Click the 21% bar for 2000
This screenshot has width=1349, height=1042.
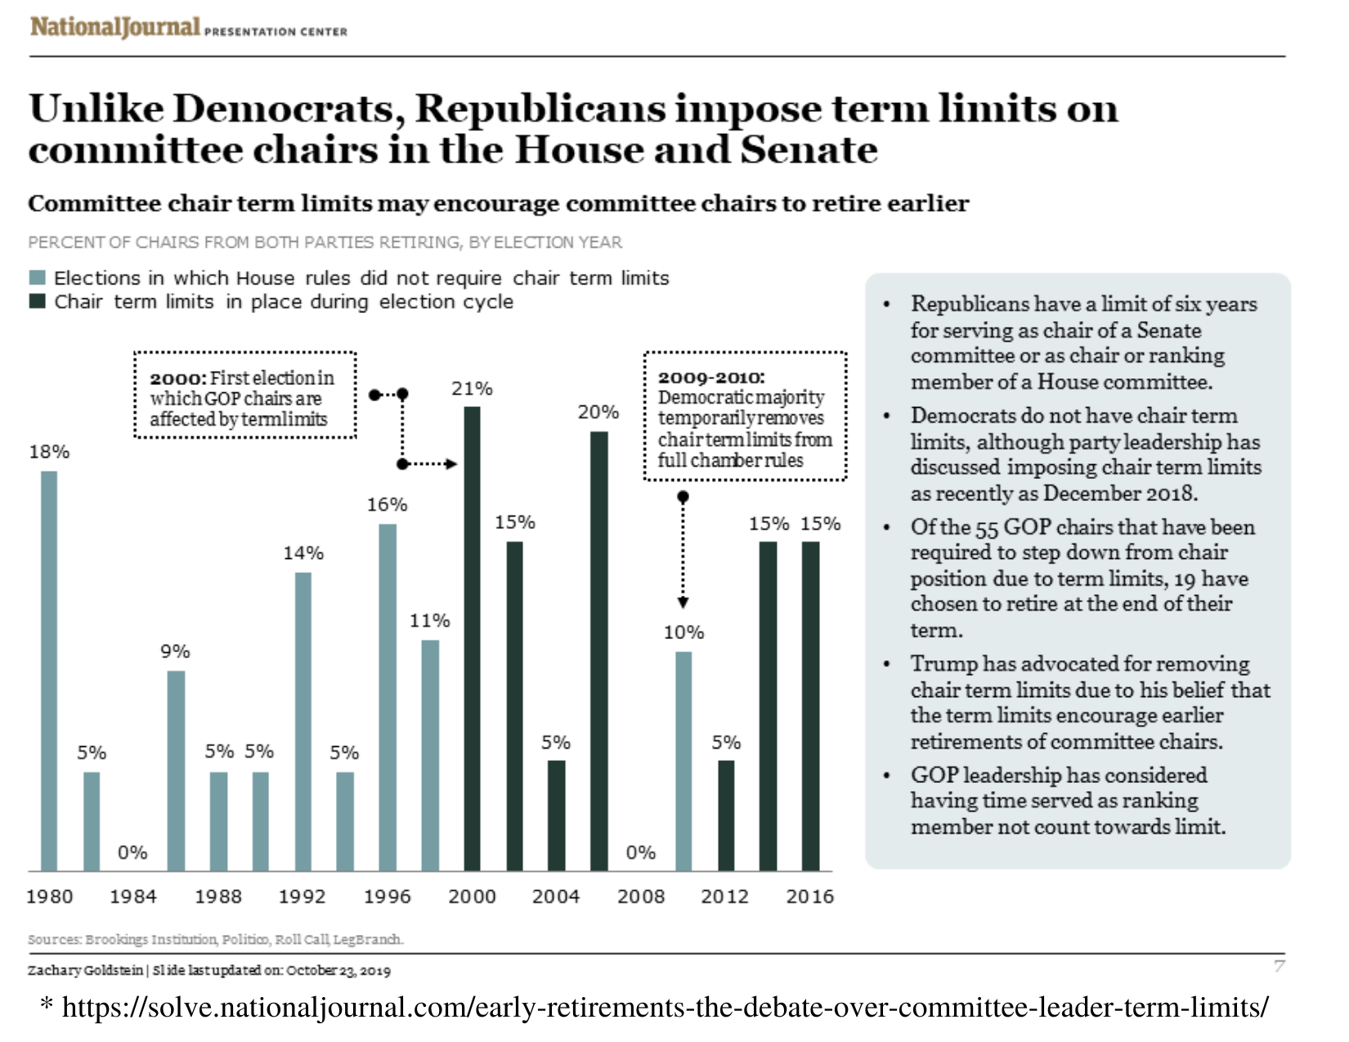tap(472, 637)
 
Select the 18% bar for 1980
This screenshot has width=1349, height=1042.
tap(49, 670)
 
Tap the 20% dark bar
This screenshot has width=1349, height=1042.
tap(599, 651)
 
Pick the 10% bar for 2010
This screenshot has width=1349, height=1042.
tap(683, 761)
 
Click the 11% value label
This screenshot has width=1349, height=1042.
tap(430, 621)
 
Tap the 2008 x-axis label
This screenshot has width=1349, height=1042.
tap(641, 897)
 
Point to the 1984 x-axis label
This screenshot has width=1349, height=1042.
tap(133, 897)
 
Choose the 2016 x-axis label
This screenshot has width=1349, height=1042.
tap(809, 897)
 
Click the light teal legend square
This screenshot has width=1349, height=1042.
tap(37, 278)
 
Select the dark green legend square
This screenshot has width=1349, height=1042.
tap(37, 302)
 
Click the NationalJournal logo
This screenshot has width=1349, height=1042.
tap(114, 27)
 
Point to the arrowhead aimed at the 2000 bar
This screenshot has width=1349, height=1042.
tap(452, 464)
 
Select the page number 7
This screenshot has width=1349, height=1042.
tap(1280, 967)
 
